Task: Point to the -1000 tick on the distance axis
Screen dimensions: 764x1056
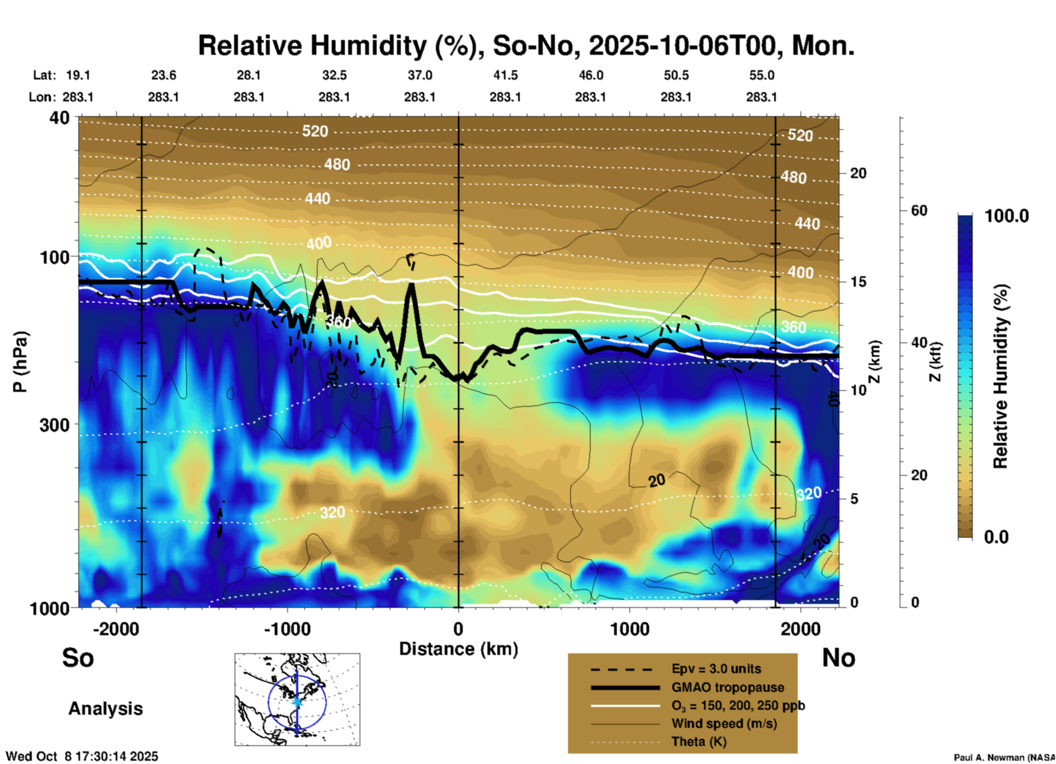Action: click(287, 629)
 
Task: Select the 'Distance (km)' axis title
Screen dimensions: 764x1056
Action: click(458, 649)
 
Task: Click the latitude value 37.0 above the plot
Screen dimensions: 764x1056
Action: click(419, 75)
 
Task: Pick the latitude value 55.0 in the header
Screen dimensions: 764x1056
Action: click(762, 75)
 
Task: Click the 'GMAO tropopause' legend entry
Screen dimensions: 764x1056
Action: click(728, 687)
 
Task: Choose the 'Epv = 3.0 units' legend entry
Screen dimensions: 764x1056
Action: click(716, 669)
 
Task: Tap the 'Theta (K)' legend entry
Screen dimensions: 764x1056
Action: click(699, 742)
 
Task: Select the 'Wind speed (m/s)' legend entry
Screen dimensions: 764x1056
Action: click(724, 723)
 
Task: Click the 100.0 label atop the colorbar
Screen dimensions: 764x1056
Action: click(1007, 216)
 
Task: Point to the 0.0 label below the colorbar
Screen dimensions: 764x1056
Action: click(996, 537)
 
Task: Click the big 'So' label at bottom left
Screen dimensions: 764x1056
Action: click(78, 658)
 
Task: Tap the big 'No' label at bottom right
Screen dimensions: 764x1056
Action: click(838, 658)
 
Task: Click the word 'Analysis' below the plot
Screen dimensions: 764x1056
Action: click(105, 709)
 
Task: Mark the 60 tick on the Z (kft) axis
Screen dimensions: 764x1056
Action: click(919, 210)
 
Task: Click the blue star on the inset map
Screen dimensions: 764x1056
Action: click(297, 702)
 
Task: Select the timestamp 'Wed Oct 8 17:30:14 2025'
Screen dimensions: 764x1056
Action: click(82, 756)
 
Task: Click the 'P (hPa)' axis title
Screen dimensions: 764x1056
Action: click(20, 362)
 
